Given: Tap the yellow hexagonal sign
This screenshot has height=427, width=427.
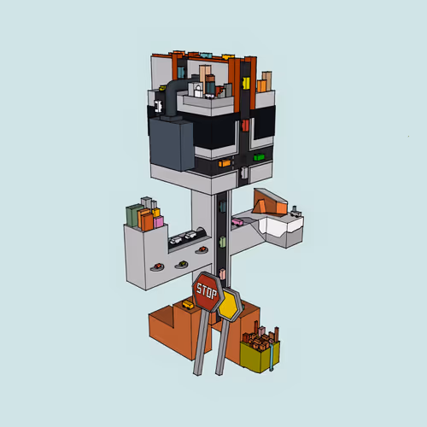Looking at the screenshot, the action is (230, 305).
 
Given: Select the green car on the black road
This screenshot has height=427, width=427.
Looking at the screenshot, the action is (259, 157).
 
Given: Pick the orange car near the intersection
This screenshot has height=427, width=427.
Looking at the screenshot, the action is (225, 163).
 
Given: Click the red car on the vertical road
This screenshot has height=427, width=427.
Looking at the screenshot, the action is (245, 125).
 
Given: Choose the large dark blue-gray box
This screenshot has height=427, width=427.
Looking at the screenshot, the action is (172, 144).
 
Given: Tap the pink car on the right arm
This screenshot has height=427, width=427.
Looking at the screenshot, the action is (237, 222).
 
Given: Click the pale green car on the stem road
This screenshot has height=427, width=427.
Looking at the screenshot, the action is (222, 242).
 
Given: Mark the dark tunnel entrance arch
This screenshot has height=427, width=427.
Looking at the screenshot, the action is (201, 231).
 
